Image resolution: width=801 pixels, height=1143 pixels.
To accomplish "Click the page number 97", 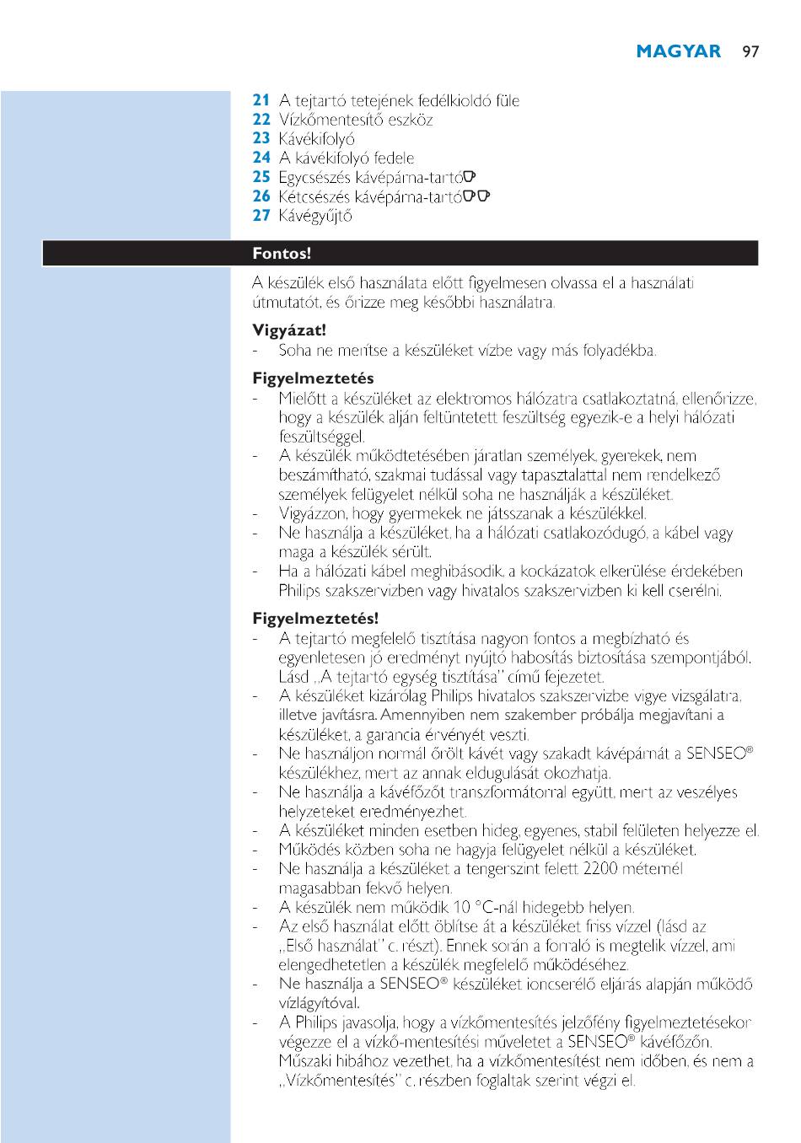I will (750, 51).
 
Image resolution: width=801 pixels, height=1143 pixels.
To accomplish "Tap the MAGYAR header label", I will (679, 51).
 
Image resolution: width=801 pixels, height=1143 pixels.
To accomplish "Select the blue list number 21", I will (261, 100).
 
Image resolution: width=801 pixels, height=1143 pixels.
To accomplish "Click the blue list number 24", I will (261, 158).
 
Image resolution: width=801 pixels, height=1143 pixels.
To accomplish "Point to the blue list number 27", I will (261, 215).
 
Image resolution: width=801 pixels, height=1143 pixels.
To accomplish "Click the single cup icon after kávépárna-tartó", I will (470, 176).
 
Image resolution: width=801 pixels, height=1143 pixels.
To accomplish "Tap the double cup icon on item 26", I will (477, 196).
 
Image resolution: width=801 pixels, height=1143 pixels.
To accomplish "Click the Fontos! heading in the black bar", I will (282, 254).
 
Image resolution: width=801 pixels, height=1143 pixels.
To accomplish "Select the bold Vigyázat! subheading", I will (289, 330).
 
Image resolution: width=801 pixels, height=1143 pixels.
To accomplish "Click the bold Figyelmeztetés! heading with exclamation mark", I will (315, 620).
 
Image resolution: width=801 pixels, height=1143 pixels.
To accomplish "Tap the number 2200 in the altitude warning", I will (601, 869).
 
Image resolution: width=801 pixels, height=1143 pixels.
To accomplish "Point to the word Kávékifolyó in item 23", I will (317, 139).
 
